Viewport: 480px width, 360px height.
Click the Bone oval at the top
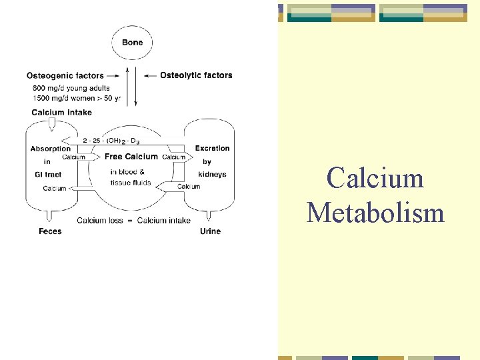tap(132, 43)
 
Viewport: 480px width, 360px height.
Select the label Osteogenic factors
tap(65, 75)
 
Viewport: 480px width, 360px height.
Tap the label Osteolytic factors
tap(196, 75)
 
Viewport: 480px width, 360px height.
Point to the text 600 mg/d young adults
tap(71, 88)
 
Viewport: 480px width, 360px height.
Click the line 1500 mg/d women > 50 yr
tap(76, 99)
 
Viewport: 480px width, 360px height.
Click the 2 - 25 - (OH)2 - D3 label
tap(111, 141)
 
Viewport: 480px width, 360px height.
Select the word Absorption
tap(50, 149)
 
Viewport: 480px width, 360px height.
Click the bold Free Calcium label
tap(131, 157)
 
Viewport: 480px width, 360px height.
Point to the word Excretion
tap(212, 148)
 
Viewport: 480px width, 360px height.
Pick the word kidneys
tap(212, 175)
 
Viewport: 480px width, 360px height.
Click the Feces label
tap(50, 231)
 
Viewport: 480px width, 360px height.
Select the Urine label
tap(210, 231)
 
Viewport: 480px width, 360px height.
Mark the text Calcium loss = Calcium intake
tap(133, 221)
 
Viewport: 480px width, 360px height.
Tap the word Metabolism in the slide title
tap(375, 213)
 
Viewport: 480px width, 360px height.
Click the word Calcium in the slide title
tap(375, 178)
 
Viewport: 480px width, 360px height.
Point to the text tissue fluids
tap(131, 183)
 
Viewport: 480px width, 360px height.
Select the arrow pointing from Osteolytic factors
tap(150, 75)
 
